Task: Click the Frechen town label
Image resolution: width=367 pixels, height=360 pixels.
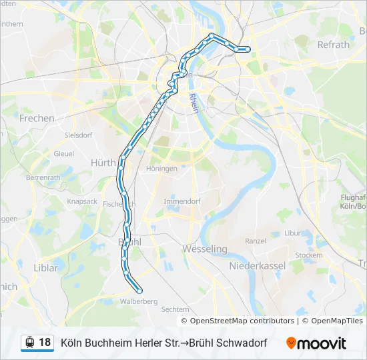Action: point(37,118)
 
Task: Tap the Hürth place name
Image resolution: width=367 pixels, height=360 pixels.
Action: point(103,162)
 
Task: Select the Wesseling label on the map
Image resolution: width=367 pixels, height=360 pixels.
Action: point(205,249)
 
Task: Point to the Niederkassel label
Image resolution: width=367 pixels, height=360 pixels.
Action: point(257,265)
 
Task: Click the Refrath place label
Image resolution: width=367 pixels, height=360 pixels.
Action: point(334,45)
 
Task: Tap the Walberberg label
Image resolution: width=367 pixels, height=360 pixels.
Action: point(139,301)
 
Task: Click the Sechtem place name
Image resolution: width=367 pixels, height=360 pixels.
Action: point(175,309)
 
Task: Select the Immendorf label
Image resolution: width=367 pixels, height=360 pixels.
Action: point(182,201)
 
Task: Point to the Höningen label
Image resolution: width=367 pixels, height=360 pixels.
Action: point(161,169)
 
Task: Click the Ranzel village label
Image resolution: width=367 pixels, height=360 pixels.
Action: point(256,241)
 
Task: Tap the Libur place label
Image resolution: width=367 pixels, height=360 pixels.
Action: point(293,233)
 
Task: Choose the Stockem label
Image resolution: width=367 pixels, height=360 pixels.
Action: point(308,255)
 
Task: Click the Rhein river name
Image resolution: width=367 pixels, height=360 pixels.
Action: point(194,103)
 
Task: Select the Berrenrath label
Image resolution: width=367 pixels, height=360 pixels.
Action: point(43,178)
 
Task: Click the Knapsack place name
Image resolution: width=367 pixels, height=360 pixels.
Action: point(82,201)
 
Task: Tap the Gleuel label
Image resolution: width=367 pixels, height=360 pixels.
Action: point(64,153)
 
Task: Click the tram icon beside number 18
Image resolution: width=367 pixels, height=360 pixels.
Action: point(29,343)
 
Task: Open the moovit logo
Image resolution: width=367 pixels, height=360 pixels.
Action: point(316,343)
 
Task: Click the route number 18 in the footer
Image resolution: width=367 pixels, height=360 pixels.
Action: point(45,343)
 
